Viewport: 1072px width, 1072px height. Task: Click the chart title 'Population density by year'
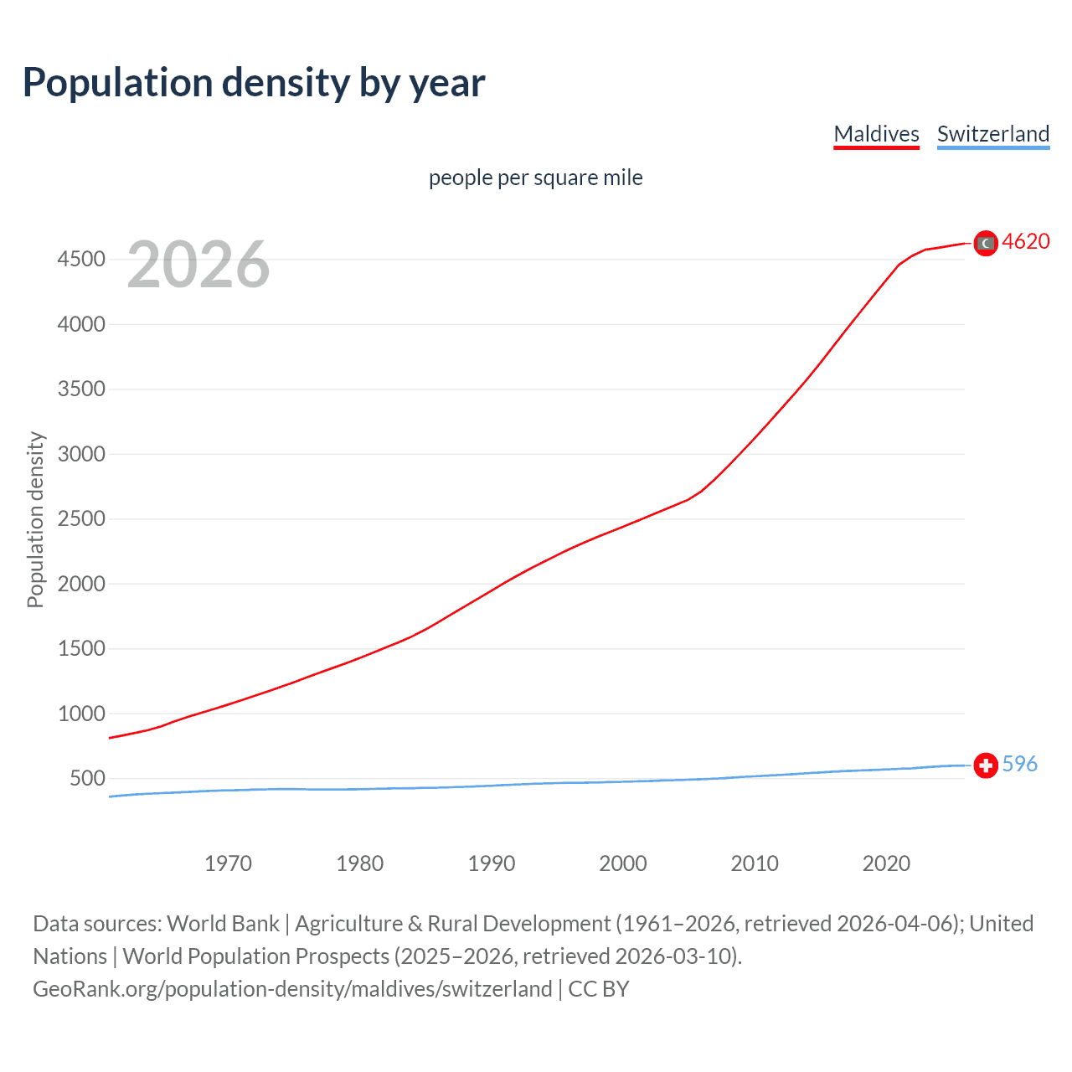tap(254, 82)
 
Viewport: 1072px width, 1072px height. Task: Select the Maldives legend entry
tap(876, 134)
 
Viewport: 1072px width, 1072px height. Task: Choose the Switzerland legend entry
tap(992, 134)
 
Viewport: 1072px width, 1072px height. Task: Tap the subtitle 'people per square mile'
tap(535, 178)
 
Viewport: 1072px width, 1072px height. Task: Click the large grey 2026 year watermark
tap(198, 265)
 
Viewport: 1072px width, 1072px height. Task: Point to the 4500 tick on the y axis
tap(81, 260)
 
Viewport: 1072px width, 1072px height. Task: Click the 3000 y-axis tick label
tap(81, 454)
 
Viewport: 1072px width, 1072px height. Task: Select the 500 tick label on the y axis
tap(87, 778)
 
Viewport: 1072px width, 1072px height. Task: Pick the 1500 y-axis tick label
tap(81, 648)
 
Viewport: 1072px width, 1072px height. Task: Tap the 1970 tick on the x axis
tap(228, 863)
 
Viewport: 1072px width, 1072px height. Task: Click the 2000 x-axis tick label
tap(622, 863)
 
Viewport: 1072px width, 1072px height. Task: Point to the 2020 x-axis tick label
tap(886, 863)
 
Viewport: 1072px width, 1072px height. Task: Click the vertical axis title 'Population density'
tap(35, 519)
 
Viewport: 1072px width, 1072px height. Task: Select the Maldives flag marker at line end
tap(986, 243)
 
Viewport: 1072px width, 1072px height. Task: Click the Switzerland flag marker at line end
tap(986, 765)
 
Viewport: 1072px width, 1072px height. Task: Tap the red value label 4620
tap(1025, 241)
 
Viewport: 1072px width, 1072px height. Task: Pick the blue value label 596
tap(1019, 764)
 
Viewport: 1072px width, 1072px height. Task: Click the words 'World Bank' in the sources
tap(223, 923)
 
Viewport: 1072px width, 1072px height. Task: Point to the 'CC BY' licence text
tap(598, 988)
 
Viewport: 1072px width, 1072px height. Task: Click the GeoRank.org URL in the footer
tap(292, 988)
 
